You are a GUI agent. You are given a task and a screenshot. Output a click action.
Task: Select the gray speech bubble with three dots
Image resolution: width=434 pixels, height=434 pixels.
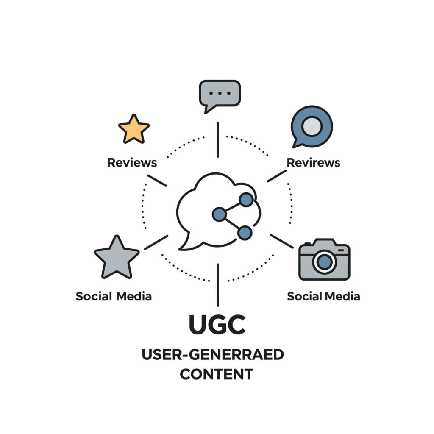coord(220,93)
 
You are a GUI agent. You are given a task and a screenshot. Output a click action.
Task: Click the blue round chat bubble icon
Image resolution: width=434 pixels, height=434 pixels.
coord(312,126)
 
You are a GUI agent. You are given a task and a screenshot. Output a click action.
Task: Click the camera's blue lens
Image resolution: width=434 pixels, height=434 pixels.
coord(324,262)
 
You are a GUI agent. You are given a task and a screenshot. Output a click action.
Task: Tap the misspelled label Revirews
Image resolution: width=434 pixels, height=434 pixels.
coord(313,162)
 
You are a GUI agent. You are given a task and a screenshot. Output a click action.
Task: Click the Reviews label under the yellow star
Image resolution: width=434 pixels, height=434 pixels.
coord(132,162)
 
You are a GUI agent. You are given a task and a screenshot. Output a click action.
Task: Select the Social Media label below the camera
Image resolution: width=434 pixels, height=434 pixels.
coord(323,296)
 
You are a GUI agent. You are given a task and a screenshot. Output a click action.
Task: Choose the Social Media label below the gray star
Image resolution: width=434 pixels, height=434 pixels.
coord(114,296)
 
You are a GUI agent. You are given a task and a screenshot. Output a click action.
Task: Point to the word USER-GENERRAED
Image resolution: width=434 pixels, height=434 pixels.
coord(213,354)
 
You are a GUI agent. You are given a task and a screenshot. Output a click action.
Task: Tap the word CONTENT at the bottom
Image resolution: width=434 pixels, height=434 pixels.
coord(216,374)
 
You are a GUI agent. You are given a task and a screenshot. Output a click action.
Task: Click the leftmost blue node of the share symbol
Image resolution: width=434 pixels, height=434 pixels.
coord(219,214)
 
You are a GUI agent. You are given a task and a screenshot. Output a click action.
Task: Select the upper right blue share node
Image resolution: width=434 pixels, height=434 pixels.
coord(246,199)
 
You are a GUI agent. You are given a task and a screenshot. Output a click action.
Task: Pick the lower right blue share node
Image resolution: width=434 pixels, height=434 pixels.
coord(245,232)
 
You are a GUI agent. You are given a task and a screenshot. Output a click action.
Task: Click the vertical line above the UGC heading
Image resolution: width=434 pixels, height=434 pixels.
coord(217,285)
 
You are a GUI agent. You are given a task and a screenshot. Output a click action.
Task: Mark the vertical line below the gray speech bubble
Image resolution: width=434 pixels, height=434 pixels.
coord(217,139)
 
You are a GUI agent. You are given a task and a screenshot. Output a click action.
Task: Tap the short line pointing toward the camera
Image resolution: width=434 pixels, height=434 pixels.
coord(282,241)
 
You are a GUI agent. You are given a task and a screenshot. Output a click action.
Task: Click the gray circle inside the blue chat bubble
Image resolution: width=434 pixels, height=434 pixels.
coord(312,126)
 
